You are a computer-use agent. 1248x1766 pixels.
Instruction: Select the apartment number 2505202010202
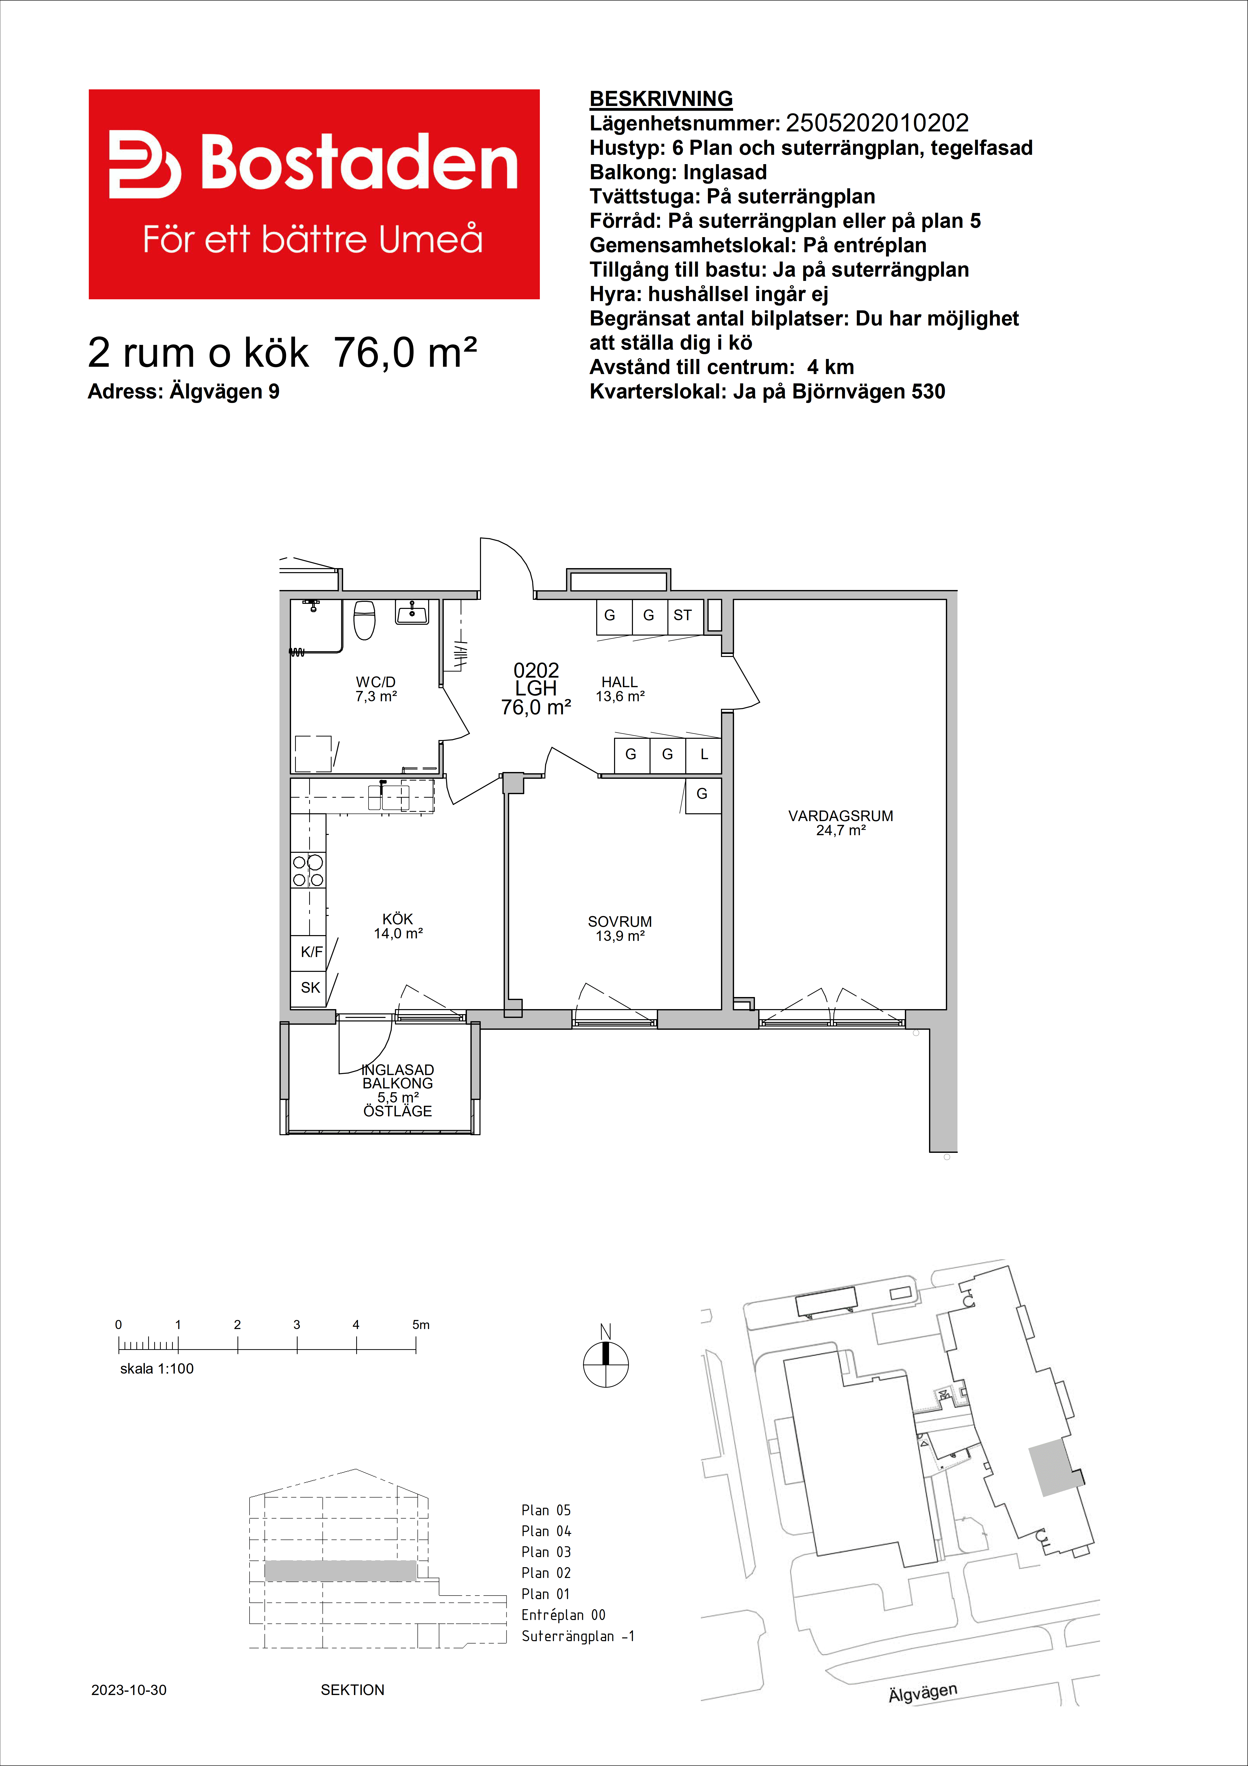[x=877, y=123]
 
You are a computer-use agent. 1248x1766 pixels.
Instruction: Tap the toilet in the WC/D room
[x=365, y=620]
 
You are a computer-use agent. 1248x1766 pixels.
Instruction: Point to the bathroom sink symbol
[x=412, y=613]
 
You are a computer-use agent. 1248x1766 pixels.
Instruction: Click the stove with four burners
[x=308, y=870]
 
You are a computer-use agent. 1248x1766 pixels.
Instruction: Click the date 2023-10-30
[x=128, y=1690]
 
